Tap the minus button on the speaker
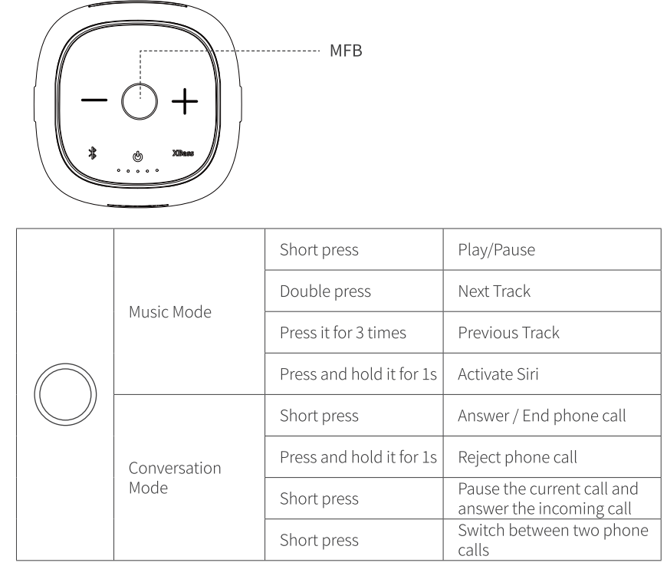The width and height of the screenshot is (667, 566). pos(96,101)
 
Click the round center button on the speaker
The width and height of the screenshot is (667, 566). pos(140,101)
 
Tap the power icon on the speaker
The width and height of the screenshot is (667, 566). pos(138,156)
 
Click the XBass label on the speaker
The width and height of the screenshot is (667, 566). pos(183,153)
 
